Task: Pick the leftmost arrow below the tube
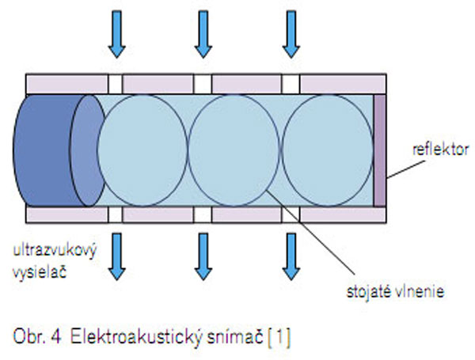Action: tap(116, 258)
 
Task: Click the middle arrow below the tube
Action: tap(204, 258)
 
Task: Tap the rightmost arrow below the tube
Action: tap(292, 258)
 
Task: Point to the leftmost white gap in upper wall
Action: tap(116, 82)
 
